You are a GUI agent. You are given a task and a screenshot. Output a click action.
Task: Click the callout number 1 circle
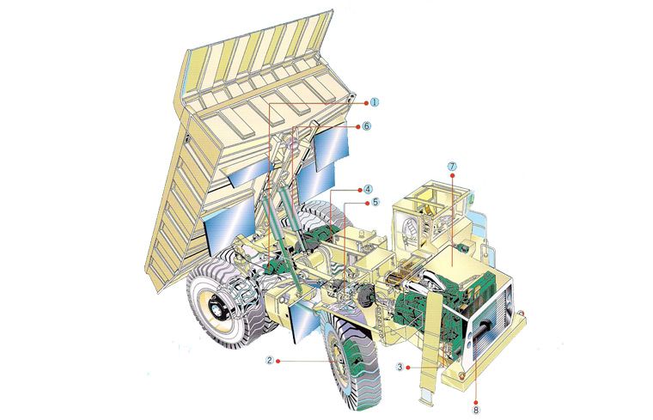[x=375, y=102]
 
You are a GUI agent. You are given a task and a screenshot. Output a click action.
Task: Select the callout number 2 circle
[x=270, y=361]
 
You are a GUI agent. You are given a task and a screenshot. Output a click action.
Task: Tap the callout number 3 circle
[x=400, y=367]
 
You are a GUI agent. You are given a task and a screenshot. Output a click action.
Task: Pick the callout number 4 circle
[x=368, y=190]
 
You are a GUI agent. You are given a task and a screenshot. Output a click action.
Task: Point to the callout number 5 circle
[x=375, y=203]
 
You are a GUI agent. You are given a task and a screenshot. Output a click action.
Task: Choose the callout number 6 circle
[x=366, y=125]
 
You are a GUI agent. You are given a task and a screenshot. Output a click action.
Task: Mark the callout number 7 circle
[x=452, y=167]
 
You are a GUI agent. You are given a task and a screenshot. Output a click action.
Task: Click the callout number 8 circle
[x=476, y=410]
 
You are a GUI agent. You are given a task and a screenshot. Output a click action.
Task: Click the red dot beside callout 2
[x=279, y=361]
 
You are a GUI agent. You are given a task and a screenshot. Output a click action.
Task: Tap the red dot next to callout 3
[x=408, y=367]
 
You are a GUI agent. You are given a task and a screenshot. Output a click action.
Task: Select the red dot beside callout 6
[x=357, y=125]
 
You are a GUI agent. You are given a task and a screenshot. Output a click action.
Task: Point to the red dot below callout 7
[x=452, y=176]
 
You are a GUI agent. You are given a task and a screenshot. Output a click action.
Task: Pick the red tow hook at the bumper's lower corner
[x=461, y=376]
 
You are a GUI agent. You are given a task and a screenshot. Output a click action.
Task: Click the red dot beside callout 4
[x=360, y=190]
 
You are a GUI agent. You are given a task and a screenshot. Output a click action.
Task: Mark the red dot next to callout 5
[x=368, y=203]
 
